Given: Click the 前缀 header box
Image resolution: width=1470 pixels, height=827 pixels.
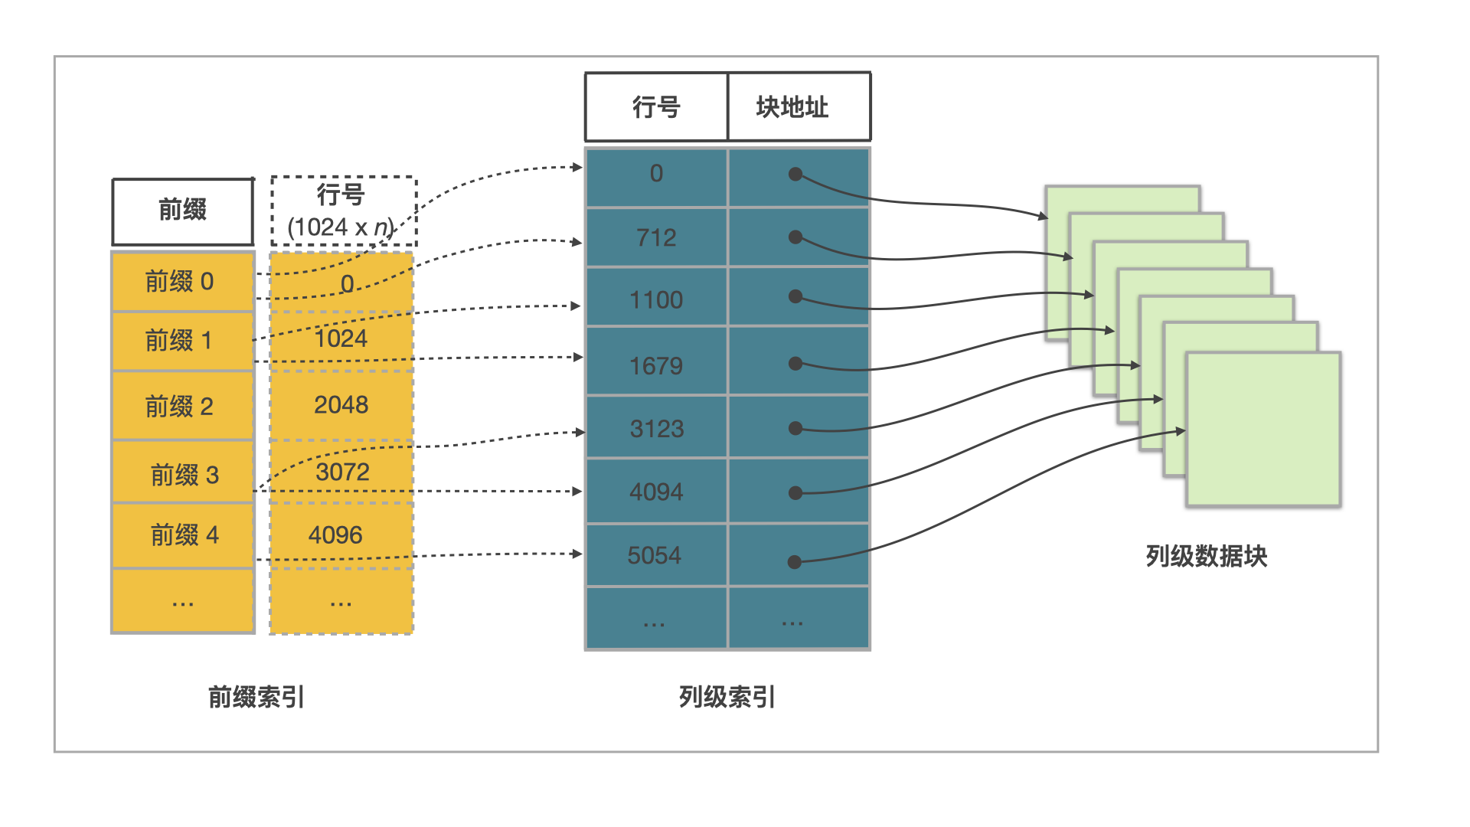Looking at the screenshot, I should click(182, 211).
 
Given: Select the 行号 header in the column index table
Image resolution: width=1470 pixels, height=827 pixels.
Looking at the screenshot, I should click(656, 107).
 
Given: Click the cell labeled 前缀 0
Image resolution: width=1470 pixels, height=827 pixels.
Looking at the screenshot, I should click(181, 282).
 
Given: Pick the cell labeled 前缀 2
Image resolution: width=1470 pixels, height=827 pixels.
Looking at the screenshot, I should click(181, 406).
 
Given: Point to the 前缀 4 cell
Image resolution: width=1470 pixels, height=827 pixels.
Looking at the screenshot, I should click(184, 534).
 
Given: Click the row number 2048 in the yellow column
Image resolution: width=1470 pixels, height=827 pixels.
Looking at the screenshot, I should click(341, 405).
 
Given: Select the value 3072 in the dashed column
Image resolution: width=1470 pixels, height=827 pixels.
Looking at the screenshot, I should click(342, 472).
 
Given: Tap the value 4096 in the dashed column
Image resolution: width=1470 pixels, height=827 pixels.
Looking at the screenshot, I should click(336, 534).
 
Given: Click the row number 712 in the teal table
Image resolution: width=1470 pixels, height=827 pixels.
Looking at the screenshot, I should click(656, 237).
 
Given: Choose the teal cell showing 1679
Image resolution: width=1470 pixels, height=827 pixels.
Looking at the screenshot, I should click(656, 366).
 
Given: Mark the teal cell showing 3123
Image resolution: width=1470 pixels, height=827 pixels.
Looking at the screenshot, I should click(657, 429).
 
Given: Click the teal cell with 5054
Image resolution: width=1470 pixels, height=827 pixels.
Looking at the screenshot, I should click(655, 555).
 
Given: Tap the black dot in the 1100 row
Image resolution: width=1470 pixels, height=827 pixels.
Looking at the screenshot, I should click(795, 296).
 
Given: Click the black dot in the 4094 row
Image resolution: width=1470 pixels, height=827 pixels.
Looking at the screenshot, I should click(795, 493).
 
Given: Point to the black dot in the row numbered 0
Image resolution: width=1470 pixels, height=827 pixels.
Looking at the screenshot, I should click(795, 175).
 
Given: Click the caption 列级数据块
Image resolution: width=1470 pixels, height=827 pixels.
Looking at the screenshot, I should click(1206, 556).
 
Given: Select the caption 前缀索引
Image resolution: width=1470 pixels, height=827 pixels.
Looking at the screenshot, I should click(256, 697).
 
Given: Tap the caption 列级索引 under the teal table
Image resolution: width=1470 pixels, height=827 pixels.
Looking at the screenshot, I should click(727, 697).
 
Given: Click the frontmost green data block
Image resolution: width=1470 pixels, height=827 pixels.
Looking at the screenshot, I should click(1263, 429).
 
